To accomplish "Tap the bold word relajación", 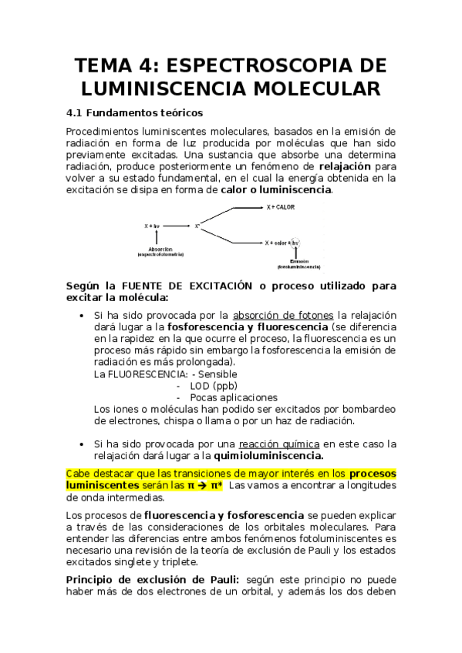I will (345, 166).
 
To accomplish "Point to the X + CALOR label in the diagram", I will (281, 208).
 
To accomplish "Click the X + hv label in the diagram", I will (152, 226).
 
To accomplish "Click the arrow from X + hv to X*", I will (177, 226).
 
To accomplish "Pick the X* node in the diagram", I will (197, 226).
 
